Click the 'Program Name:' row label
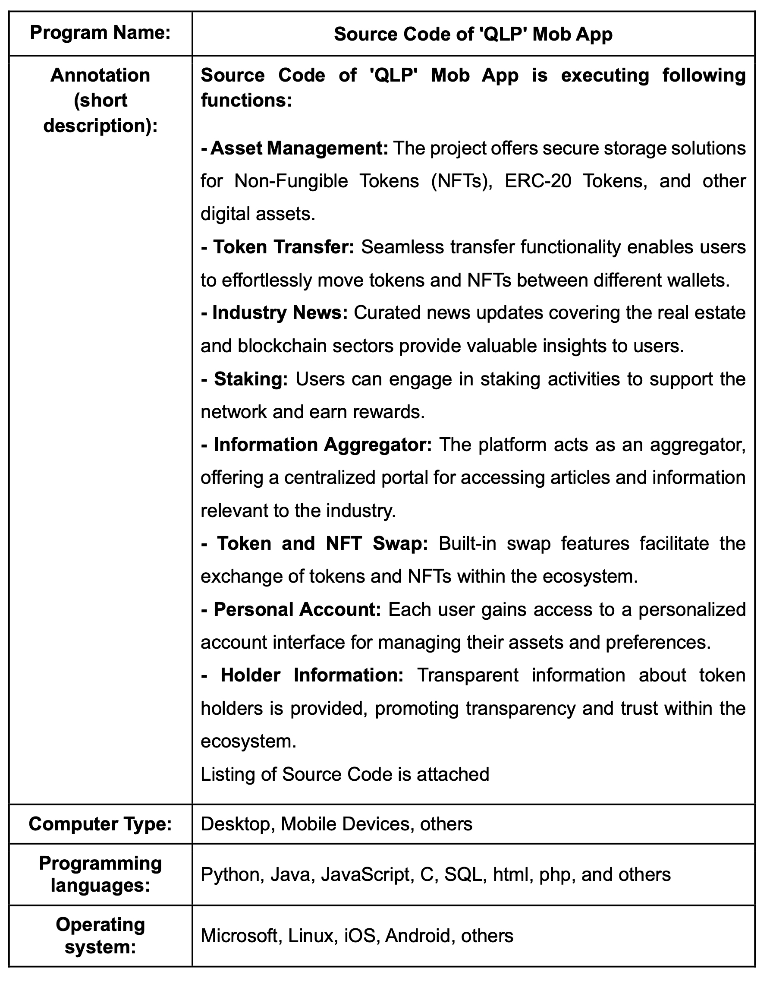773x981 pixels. click(100, 33)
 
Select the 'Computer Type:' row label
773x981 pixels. click(100, 823)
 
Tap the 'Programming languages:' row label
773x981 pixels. click(100, 874)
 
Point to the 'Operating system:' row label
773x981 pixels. click(100, 935)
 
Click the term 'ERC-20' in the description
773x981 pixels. click(537, 181)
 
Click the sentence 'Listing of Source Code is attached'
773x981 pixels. click(345, 774)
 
